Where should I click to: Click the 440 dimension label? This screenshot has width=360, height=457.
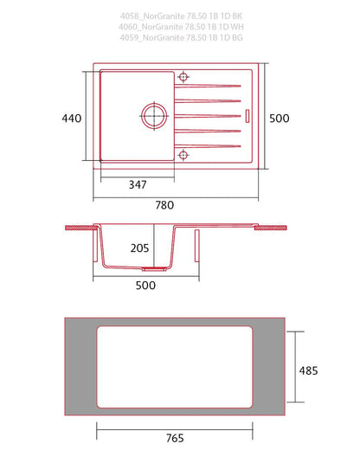pyautogui.click(x=72, y=119)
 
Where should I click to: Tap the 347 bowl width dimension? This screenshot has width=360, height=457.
pyautogui.click(x=138, y=184)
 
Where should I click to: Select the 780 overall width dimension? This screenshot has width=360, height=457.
pyautogui.click(x=164, y=205)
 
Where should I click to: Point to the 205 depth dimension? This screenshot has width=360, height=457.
pyautogui.click(x=139, y=248)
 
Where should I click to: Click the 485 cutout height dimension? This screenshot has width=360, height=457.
pyautogui.click(x=308, y=370)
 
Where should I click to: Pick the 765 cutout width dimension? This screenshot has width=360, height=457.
pyautogui.click(x=175, y=438)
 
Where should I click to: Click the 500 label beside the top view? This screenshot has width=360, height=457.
pyautogui.click(x=280, y=119)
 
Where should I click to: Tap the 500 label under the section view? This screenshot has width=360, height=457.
pyautogui.click(x=145, y=286)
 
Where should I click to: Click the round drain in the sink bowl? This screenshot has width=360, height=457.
pyautogui.click(x=154, y=116)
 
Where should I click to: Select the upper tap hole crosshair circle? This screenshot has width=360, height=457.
pyautogui.click(x=183, y=77)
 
